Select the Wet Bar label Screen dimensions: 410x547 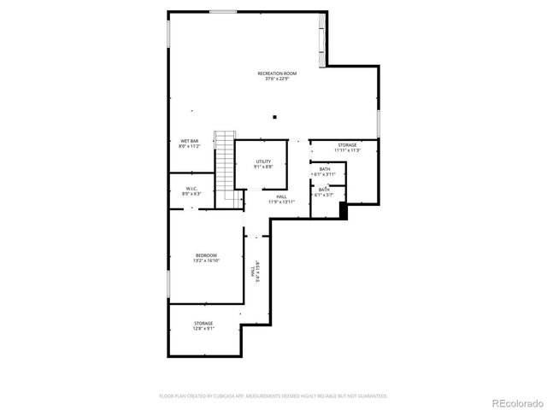pyautogui.click(x=189, y=141)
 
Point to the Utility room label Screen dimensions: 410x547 pyautogui.click(x=263, y=161)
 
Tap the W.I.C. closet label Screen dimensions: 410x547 pyautogui.click(x=191, y=188)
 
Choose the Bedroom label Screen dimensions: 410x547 pyautogui.click(x=206, y=255)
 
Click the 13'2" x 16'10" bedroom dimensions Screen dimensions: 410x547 pyautogui.click(x=206, y=261)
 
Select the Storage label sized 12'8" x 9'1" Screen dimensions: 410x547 pyautogui.click(x=203, y=323)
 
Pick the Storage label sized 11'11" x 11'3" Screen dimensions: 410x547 pyautogui.click(x=347, y=145)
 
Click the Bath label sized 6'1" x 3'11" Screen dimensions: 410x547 pyautogui.click(x=325, y=169)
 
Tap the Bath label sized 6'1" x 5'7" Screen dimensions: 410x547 pyautogui.click(x=325, y=190)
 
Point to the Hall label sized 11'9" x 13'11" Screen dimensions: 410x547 pyautogui.click(x=281, y=196)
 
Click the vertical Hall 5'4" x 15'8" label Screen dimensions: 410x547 pyautogui.click(x=254, y=272)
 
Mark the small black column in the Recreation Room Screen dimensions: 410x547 pyautogui.click(x=274, y=117)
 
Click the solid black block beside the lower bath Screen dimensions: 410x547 pyautogui.click(x=344, y=210)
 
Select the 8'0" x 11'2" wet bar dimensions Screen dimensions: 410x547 pyautogui.click(x=189, y=147)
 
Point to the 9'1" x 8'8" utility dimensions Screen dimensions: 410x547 pyautogui.click(x=263, y=167)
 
